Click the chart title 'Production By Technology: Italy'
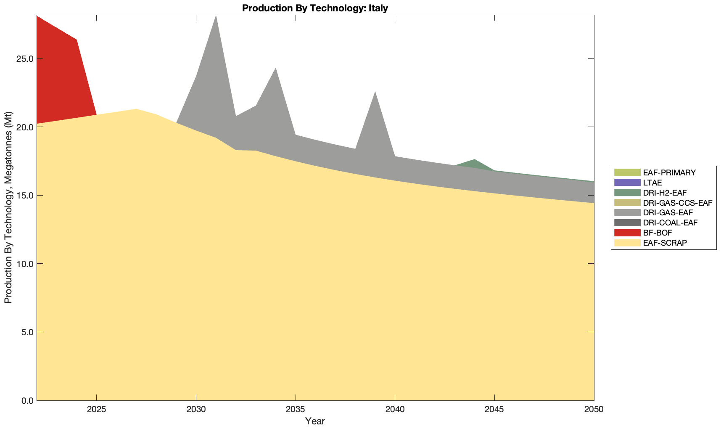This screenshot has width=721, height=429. point(315,8)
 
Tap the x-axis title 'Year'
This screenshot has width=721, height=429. point(315,421)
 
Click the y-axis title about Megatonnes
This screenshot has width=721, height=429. point(8,207)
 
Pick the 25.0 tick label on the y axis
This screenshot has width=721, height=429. point(25,58)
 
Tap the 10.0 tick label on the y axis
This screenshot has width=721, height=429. point(25,264)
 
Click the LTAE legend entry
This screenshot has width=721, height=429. point(652,183)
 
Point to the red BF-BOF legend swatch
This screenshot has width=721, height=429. point(627,233)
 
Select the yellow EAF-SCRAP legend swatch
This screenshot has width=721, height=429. point(627,243)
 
